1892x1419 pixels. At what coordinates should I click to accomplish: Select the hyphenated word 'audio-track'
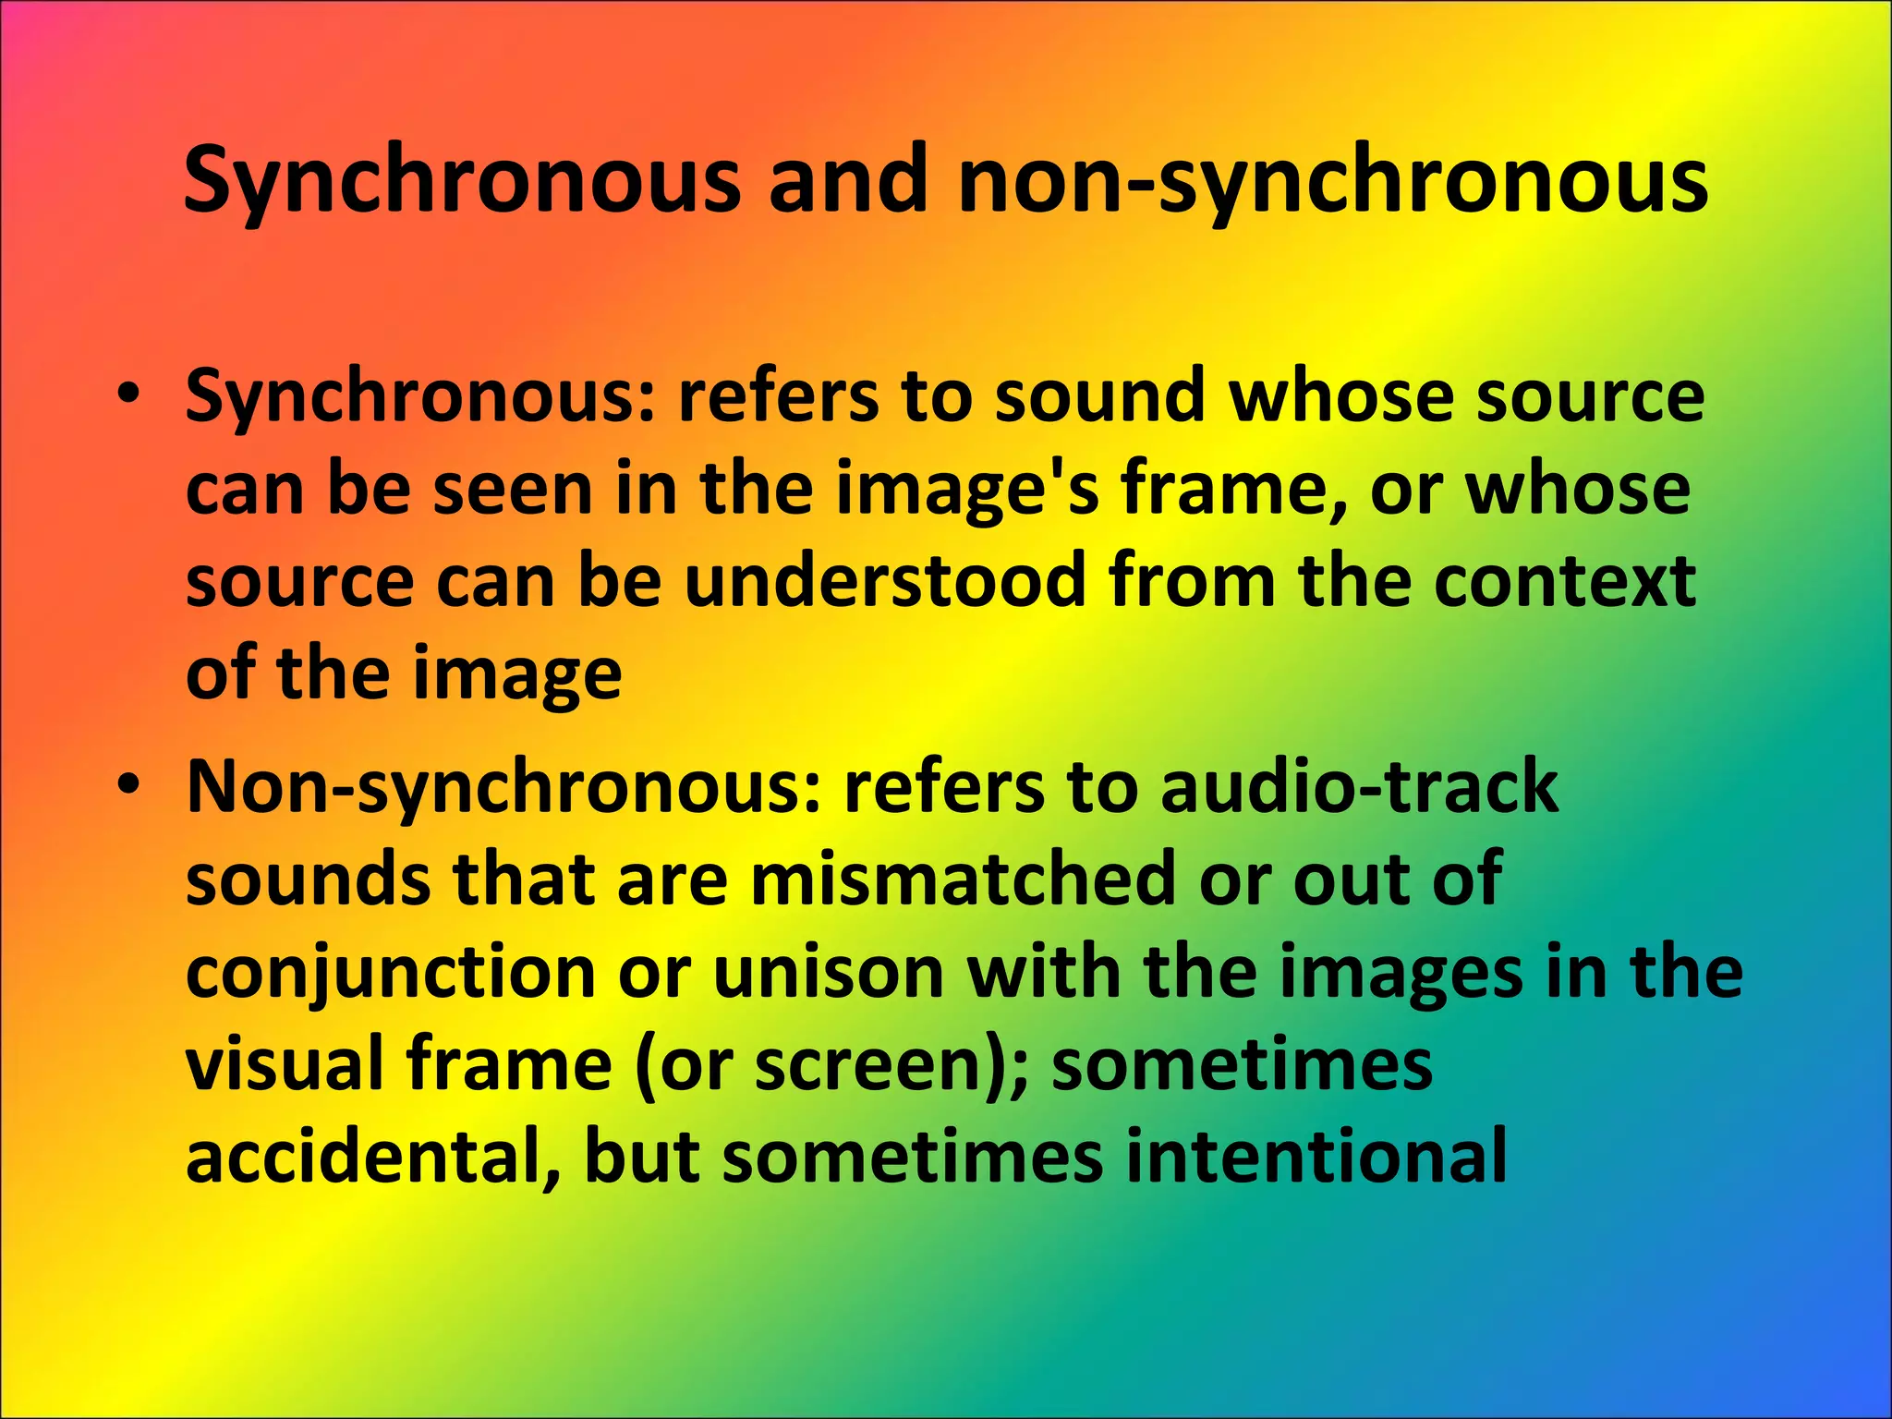[1358, 787]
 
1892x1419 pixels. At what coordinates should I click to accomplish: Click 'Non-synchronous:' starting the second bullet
[503, 787]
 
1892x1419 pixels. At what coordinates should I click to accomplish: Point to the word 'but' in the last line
[642, 1157]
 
